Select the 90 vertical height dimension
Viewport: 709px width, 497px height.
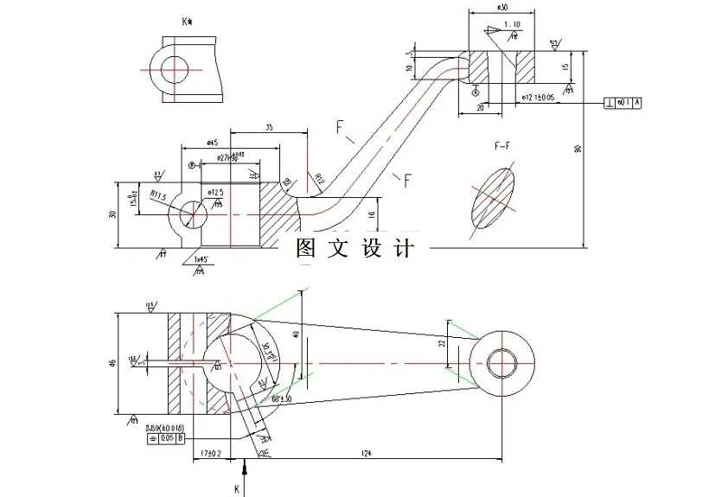[578, 149]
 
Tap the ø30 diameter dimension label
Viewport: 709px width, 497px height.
[501, 7]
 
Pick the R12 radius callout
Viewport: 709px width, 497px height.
[319, 180]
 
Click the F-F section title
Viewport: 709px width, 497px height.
[502, 147]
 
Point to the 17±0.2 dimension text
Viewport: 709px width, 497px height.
[208, 451]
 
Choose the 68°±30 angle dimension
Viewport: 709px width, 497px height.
[283, 398]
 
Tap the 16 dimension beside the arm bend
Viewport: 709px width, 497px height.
[373, 213]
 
